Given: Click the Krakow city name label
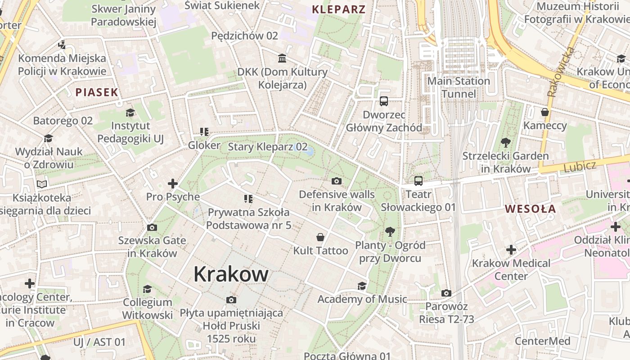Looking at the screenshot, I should (x=231, y=274).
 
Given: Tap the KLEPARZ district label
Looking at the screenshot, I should (x=338, y=9).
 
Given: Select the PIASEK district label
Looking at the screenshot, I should (x=96, y=93).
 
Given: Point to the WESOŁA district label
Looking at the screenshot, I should (x=530, y=209).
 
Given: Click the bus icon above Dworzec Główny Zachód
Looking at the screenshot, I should (x=383, y=101).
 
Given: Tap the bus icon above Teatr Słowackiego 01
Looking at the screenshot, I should (x=418, y=181).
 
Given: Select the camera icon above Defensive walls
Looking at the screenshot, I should (x=336, y=181).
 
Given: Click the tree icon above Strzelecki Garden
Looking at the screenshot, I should (x=505, y=143).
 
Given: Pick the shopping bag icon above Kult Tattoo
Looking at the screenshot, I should (x=320, y=237).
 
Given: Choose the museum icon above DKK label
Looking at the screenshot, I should (x=282, y=58).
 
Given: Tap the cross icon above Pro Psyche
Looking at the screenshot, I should (x=173, y=183).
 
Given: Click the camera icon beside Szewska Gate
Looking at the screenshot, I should (x=152, y=227).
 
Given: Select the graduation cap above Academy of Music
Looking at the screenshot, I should (x=362, y=286).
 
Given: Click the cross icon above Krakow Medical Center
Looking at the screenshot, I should (x=511, y=249).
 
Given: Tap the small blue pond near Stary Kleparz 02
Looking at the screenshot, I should (x=309, y=152).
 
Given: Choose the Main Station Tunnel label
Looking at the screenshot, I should (x=458, y=87).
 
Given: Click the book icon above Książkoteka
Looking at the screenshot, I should (x=42, y=184).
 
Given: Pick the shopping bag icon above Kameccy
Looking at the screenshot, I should (x=545, y=112).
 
